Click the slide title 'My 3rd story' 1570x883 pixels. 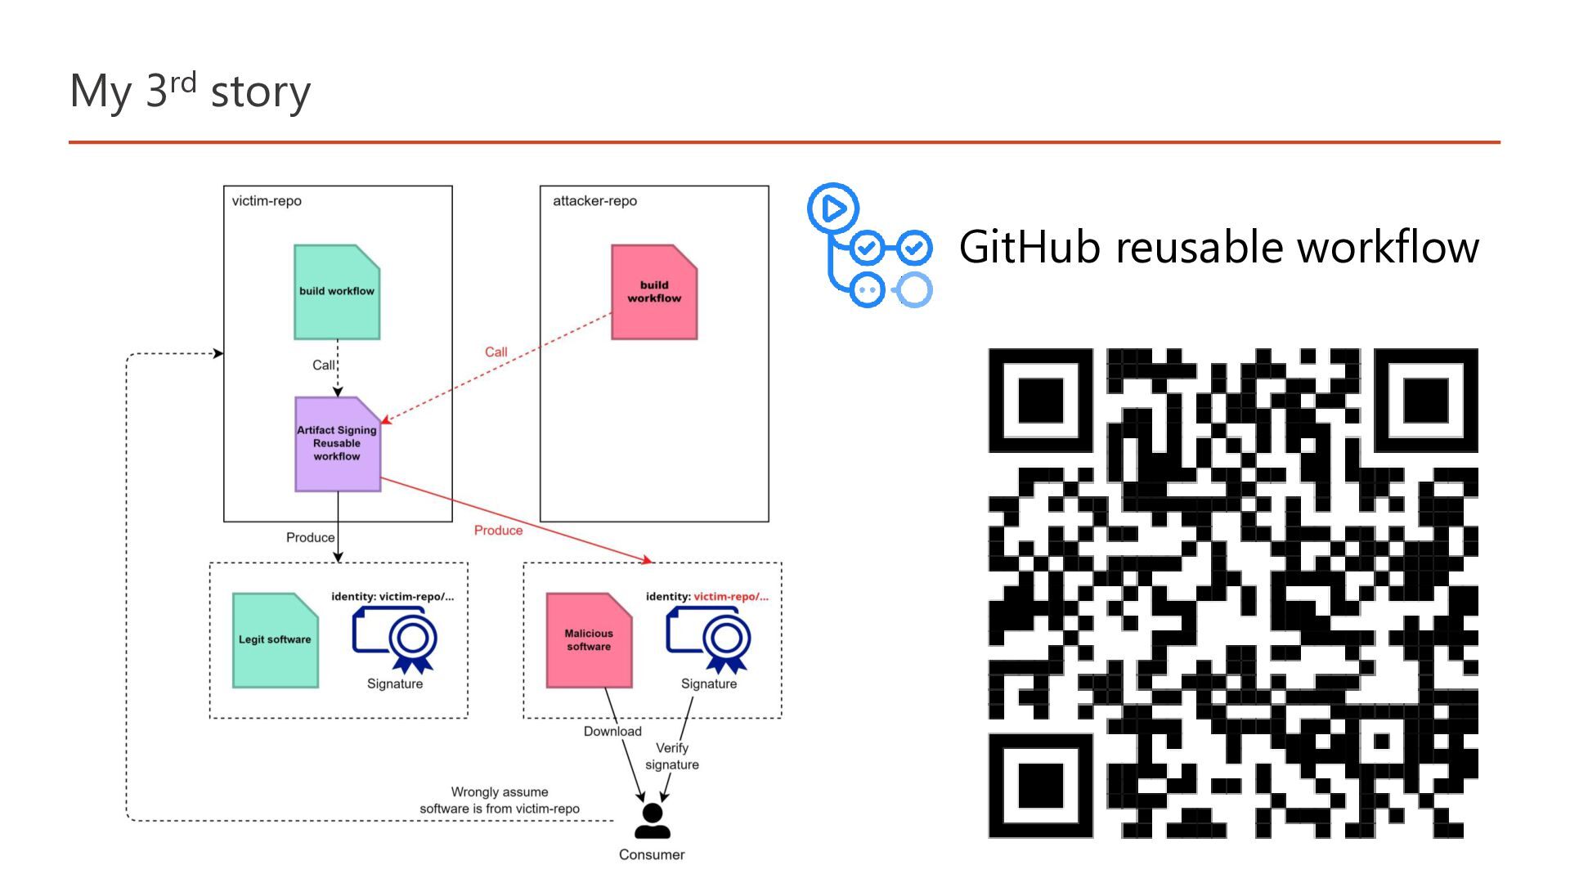click(x=190, y=90)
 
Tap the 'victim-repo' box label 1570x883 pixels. click(x=267, y=201)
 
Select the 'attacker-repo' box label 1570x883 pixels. click(x=594, y=201)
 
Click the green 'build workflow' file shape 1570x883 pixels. click(x=337, y=292)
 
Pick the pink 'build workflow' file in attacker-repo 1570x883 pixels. click(x=654, y=292)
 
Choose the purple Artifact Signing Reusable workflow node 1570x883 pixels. click(x=337, y=444)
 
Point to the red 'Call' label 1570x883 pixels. click(x=496, y=352)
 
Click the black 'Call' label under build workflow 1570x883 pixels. click(x=323, y=365)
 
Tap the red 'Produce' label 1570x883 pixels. click(x=498, y=531)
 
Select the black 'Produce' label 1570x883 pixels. click(x=310, y=538)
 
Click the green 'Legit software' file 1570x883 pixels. click(x=275, y=640)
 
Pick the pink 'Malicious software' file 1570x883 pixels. click(x=589, y=640)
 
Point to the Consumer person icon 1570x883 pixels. click(x=652, y=821)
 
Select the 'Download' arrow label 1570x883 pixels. click(x=612, y=732)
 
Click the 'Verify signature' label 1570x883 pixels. click(x=672, y=756)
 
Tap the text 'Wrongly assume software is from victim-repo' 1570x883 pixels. click(x=500, y=800)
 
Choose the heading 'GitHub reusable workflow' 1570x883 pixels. click(x=1218, y=247)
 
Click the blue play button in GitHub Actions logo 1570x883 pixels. click(x=833, y=208)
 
